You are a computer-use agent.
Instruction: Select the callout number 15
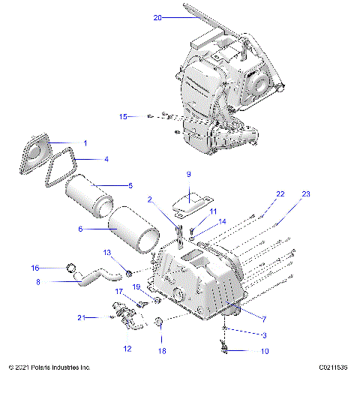pos(124,115)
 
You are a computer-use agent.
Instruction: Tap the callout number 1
pos(85,142)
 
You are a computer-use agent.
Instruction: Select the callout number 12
pos(127,348)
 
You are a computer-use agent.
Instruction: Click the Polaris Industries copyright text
pos(49,367)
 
